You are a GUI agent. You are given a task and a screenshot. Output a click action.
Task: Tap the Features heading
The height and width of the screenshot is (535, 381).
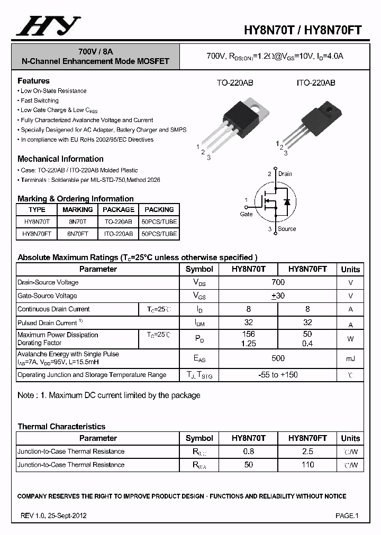point(33,81)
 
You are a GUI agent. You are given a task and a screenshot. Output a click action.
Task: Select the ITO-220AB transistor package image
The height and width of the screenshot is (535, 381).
point(312,122)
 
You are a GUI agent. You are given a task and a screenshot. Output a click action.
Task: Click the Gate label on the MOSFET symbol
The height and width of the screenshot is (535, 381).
point(247,214)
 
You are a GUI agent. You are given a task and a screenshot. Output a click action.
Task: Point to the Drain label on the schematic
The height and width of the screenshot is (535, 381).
point(285,174)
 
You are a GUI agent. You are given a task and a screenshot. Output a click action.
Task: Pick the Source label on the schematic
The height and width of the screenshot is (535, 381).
point(287,229)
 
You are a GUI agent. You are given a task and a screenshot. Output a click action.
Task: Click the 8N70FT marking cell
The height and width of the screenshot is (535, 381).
point(77,234)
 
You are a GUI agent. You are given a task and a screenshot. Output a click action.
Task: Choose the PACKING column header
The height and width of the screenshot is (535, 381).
point(159,210)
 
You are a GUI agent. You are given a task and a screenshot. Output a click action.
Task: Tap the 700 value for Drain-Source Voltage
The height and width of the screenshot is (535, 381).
point(278,282)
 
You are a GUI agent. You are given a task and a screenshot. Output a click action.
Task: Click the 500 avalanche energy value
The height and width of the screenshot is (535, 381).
point(278,358)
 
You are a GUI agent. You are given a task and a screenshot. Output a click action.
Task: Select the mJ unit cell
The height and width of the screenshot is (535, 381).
point(350,359)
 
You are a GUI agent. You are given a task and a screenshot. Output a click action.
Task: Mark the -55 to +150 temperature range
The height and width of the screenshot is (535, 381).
point(278,375)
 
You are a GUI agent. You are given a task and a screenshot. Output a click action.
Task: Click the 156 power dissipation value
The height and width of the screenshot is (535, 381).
point(248,334)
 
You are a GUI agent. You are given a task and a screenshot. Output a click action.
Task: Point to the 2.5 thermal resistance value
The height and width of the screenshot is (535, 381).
point(307,451)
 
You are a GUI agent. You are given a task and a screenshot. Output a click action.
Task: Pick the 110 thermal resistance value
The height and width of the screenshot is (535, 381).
point(307,465)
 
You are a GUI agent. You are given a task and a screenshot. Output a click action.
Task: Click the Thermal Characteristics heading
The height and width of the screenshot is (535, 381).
point(61,427)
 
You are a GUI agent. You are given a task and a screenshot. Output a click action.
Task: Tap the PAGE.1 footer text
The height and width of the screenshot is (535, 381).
point(347,515)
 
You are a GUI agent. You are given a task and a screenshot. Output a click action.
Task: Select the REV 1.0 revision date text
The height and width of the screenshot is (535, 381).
point(53,515)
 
